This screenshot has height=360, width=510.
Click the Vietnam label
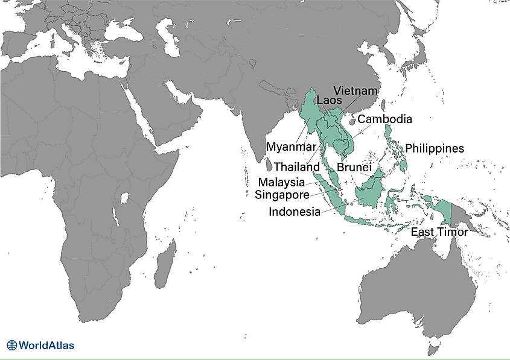coord(355,91)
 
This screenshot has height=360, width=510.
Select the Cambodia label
coord(384,119)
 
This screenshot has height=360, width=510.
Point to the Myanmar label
coord(291,147)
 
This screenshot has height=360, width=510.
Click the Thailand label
coord(296,166)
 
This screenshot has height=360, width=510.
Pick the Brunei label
coord(353,166)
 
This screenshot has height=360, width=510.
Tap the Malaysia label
coord(282,182)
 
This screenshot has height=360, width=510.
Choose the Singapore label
coord(282,195)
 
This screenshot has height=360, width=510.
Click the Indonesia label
coord(295,212)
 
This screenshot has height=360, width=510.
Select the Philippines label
coord(435,148)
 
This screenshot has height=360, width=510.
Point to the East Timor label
coord(439,232)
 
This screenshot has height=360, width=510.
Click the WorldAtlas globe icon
coord(12,346)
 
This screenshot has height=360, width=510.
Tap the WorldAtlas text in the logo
coord(46,346)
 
